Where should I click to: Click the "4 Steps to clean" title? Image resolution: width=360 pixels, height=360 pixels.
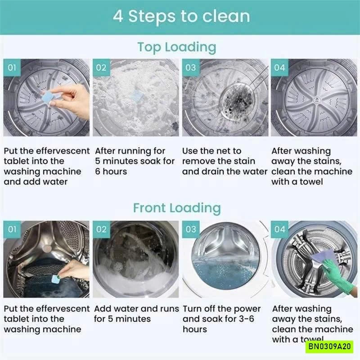click(x=181, y=16)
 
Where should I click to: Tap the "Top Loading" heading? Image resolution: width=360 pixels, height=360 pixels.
click(x=177, y=47)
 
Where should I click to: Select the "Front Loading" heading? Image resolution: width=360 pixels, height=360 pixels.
click(x=177, y=208)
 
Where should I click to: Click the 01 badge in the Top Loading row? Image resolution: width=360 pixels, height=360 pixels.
click(x=12, y=67)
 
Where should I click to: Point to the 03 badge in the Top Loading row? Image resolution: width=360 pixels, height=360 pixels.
click(x=190, y=67)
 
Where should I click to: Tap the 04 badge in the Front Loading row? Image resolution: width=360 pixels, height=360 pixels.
click(x=279, y=229)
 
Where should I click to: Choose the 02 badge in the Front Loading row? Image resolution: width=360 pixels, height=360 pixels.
click(x=101, y=229)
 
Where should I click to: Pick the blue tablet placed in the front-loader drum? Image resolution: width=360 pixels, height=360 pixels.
click(x=56, y=279)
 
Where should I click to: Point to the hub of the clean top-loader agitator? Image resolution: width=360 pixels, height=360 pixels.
click(x=316, y=99)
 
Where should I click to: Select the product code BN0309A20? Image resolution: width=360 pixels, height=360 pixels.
click(x=329, y=346)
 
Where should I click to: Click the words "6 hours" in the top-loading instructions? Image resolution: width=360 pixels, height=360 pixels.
click(x=111, y=171)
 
